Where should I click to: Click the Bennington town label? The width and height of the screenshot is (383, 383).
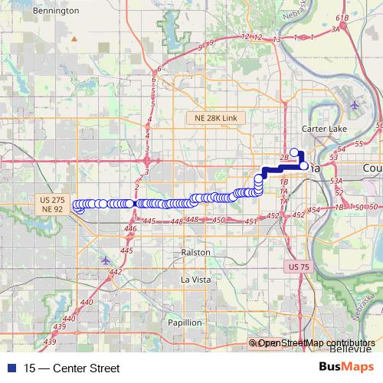tap(57, 11)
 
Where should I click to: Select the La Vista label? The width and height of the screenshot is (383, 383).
tap(195, 280)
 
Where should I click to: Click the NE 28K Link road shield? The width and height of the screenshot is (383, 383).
tap(217, 116)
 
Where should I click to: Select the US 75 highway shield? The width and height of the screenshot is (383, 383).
tap(299, 267)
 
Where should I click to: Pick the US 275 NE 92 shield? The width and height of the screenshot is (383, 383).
tap(52, 204)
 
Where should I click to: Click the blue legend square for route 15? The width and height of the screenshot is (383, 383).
tap(8, 368)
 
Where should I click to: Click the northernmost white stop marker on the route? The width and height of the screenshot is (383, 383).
tap(294, 152)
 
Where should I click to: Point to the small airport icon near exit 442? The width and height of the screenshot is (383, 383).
tap(105, 260)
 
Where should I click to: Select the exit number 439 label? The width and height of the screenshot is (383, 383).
tap(51, 342)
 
